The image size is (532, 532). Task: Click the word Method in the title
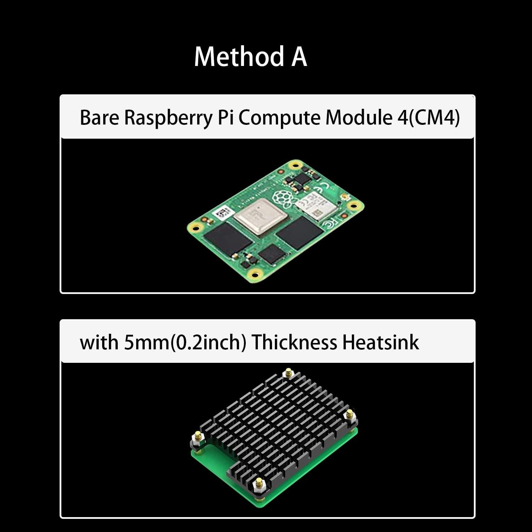tap(239, 56)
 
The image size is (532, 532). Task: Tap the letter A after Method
tap(299, 56)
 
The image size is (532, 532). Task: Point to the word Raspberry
tap(168, 118)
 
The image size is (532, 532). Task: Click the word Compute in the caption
tap(279, 118)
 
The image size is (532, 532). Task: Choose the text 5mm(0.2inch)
tap(185, 343)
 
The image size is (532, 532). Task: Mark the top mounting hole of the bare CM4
tap(294, 165)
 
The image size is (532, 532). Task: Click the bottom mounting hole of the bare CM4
tap(254, 273)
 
